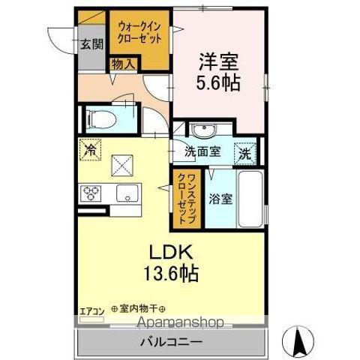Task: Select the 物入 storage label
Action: (x=122, y=65)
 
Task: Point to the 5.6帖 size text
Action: (x=218, y=81)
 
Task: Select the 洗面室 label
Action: (x=202, y=151)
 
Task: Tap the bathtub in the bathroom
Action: (x=249, y=199)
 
